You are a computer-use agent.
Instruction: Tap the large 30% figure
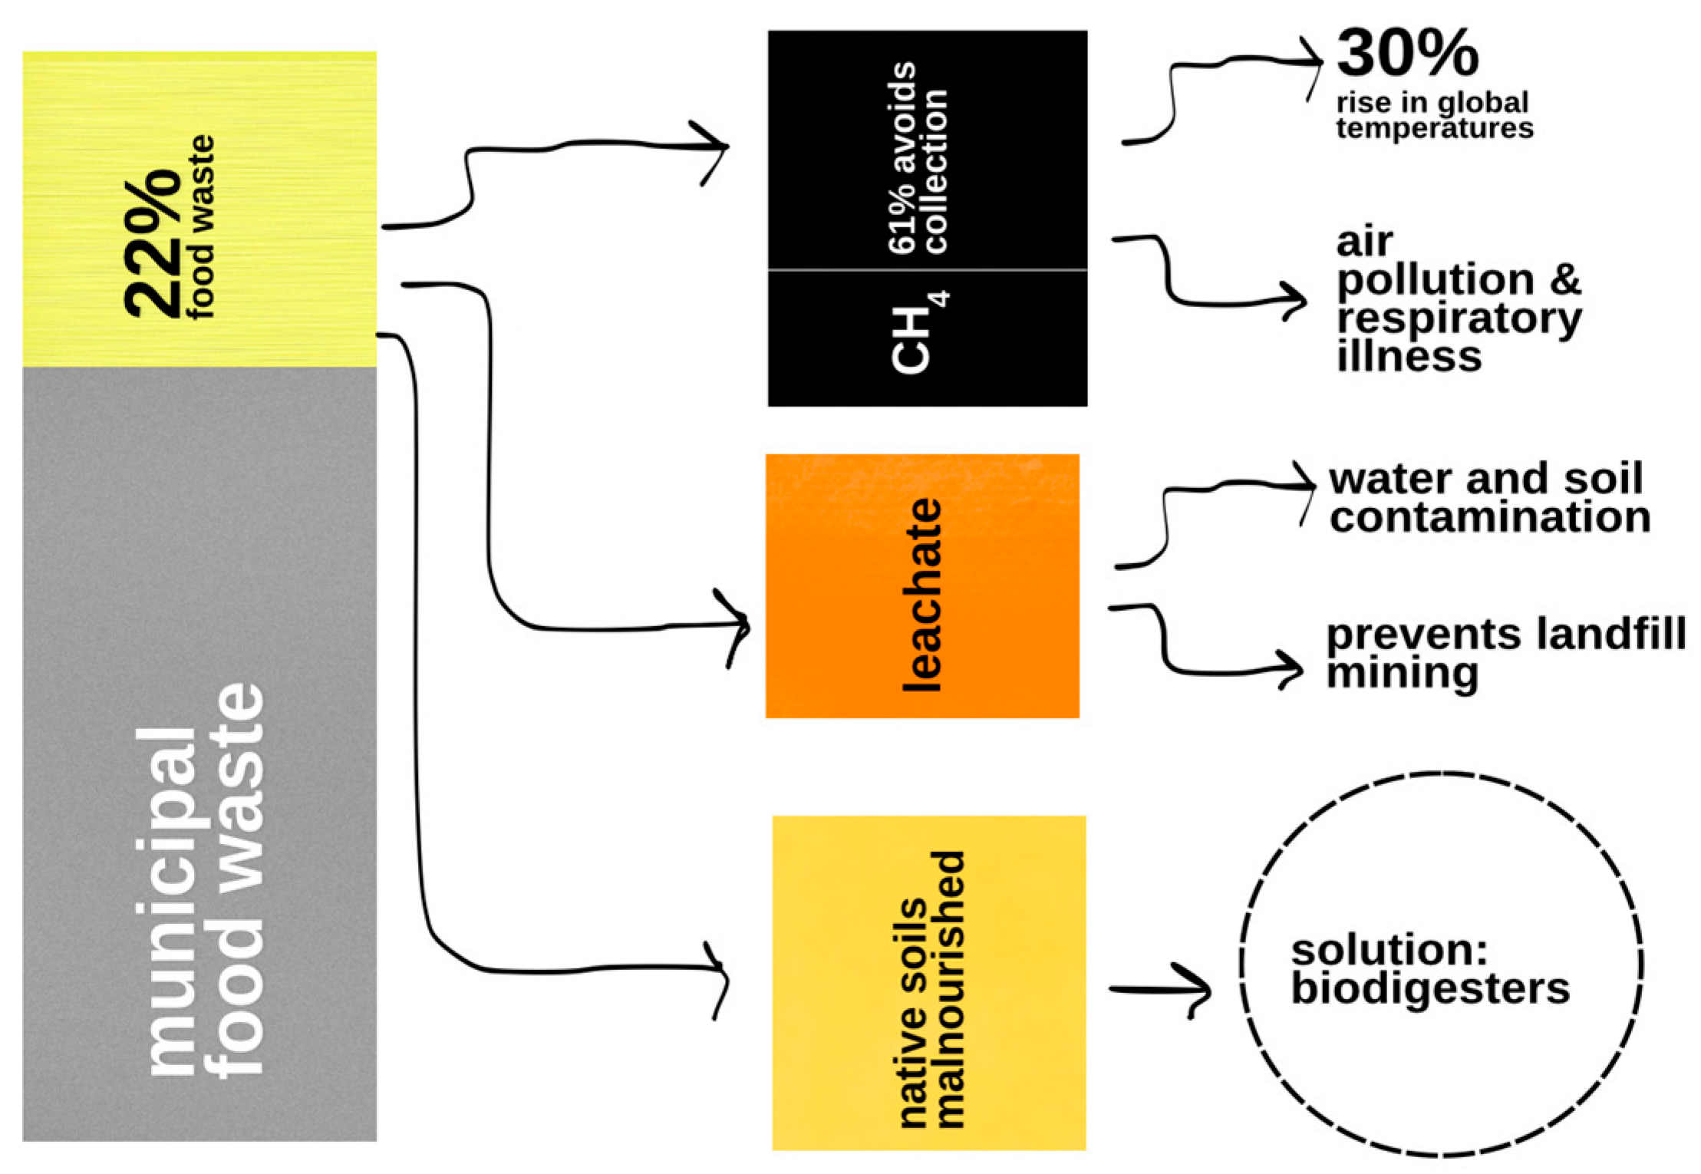coord(1406,54)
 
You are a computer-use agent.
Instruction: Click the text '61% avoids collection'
coord(918,157)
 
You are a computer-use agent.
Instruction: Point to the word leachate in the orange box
coord(921,595)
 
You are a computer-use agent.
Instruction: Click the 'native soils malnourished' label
coord(930,989)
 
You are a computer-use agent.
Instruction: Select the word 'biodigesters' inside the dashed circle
coord(1430,988)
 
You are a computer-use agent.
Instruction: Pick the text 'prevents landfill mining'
coord(1504,653)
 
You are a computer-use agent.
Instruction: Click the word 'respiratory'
coord(1459,318)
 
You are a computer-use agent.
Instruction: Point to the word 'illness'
coord(1409,357)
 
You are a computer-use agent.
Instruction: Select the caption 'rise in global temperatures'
coord(1434,115)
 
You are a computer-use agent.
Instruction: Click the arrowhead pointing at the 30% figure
coord(1317,64)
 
